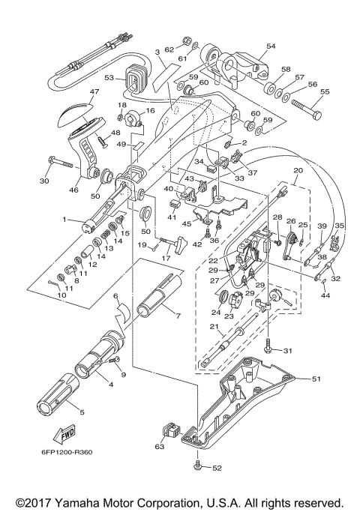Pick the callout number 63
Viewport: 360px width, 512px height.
point(158,448)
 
